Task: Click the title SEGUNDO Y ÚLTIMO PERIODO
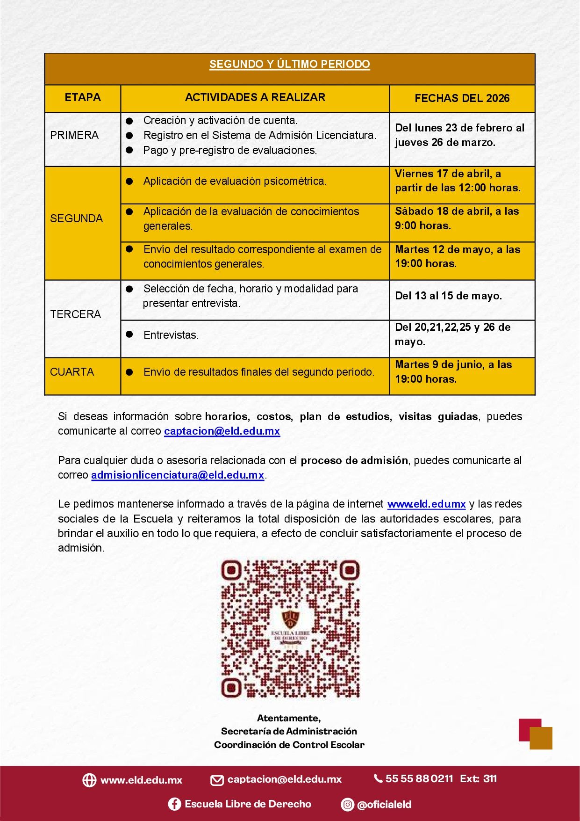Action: [x=289, y=65]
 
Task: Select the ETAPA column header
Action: [x=83, y=98]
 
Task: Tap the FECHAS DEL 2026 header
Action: [x=462, y=98]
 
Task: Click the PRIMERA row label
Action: [x=74, y=136]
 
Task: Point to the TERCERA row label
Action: [x=75, y=314]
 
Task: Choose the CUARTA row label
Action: [x=72, y=372]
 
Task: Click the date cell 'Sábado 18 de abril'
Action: [x=457, y=218]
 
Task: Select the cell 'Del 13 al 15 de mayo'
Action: [x=448, y=296]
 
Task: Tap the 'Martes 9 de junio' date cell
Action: [x=453, y=372]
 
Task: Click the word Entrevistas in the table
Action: [x=171, y=335]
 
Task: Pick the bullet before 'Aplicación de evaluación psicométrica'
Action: [x=129, y=182]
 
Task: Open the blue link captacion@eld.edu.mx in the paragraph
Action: [x=222, y=431]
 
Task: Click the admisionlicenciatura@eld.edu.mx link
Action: [x=178, y=475]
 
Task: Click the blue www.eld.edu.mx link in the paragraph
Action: [x=426, y=504]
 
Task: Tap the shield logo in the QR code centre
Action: [x=291, y=619]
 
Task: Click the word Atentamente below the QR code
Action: [x=289, y=718]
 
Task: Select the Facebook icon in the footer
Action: [x=174, y=804]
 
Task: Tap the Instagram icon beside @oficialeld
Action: [x=347, y=805]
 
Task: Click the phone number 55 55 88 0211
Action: [x=419, y=779]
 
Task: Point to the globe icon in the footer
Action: [x=89, y=780]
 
